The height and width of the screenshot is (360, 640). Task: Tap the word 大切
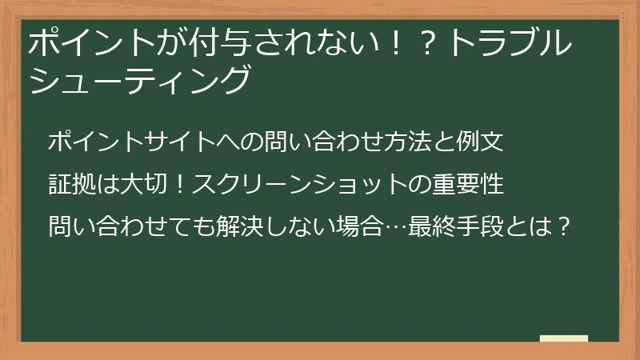[x=143, y=185]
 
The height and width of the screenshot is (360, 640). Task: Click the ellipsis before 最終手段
[x=394, y=226]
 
